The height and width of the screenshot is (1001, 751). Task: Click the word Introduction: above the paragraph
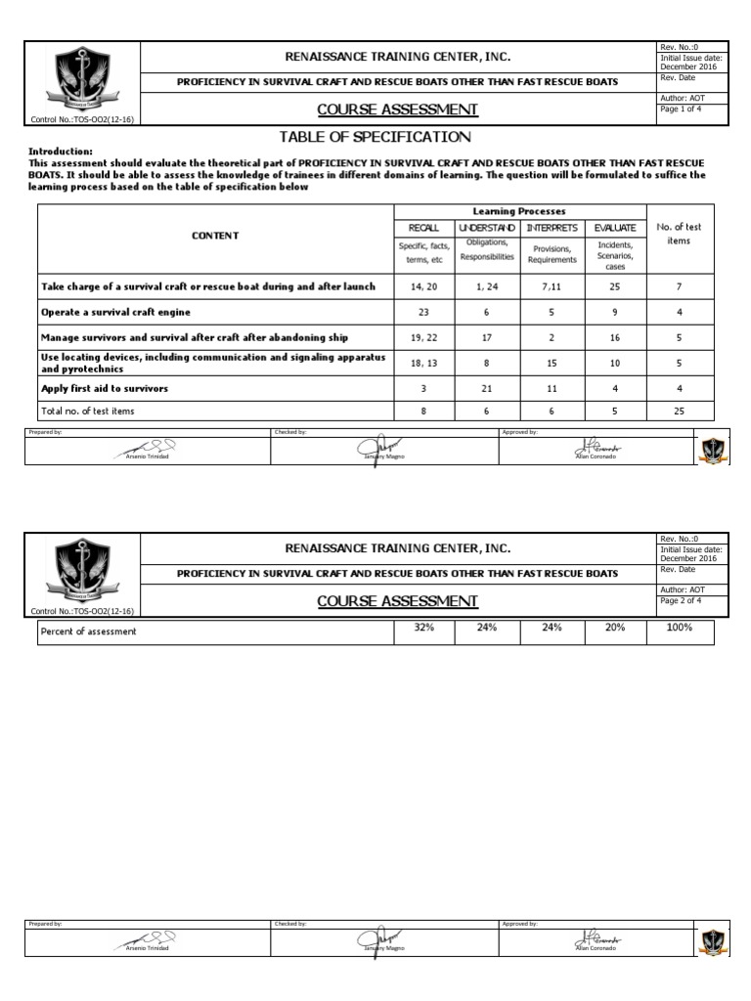tap(61, 152)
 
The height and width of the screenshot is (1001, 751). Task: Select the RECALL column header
tap(424, 227)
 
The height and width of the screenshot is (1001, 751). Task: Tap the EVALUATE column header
tap(615, 227)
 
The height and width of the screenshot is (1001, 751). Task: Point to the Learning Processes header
tap(518, 211)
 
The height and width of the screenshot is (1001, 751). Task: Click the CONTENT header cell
tap(215, 236)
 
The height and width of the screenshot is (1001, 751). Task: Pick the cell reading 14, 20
tap(424, 287)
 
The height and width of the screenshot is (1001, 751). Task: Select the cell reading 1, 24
tap(486, 287)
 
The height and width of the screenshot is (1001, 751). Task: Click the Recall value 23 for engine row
tap(424, 312)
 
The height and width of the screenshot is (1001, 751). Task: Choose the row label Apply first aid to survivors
tap(105, 388)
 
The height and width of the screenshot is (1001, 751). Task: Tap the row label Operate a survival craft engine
tap(115, 312)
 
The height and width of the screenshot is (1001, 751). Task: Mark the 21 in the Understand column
tap(486, 388)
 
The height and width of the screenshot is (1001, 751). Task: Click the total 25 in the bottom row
tap(680, 412)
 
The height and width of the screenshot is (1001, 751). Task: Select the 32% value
tap(424, 629)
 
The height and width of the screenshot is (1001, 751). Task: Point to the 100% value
tap(680, 629)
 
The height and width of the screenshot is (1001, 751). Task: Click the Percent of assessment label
tap(88, 631)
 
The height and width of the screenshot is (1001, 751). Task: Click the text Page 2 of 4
tap(682, 600)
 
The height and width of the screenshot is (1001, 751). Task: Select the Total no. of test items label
tap(88, 412)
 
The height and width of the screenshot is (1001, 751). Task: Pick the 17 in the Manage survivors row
tap(486, 337)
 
